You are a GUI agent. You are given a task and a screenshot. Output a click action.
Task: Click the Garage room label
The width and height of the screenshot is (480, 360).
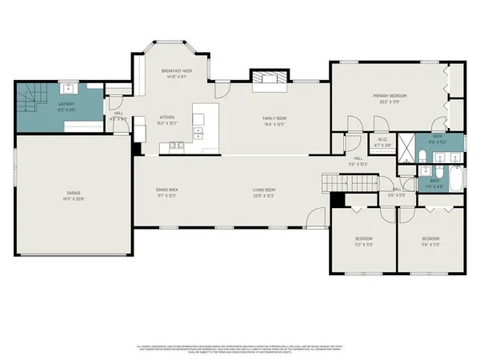tap(74, 193)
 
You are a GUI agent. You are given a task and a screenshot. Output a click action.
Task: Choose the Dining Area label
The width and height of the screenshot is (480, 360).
tap(166, 190)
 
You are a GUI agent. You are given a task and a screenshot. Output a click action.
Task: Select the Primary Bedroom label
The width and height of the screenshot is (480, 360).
tap(390, 96)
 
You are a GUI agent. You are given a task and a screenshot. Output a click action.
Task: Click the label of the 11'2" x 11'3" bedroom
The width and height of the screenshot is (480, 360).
tap(364, 239)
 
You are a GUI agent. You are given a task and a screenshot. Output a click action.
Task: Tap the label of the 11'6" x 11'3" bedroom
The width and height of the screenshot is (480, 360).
tap(430, 239)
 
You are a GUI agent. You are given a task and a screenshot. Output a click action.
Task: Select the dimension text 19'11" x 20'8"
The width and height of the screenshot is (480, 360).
tap(74, 198)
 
